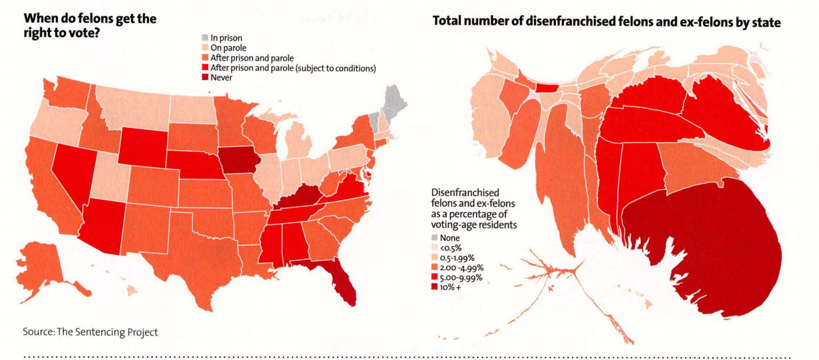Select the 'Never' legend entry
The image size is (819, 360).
click(x=221, y=78)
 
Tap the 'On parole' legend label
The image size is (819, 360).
click(x=228, y=48)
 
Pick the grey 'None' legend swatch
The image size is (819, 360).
click(x=434, y=238)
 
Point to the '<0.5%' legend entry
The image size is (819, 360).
click(x=449, y=248)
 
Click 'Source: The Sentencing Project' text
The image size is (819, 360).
click(x=90, y=332)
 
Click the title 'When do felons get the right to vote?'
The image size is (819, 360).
click(x=90, y=24)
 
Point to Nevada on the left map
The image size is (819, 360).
click(x=69, y=167)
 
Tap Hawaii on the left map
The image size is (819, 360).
click(x=132, y=290)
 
